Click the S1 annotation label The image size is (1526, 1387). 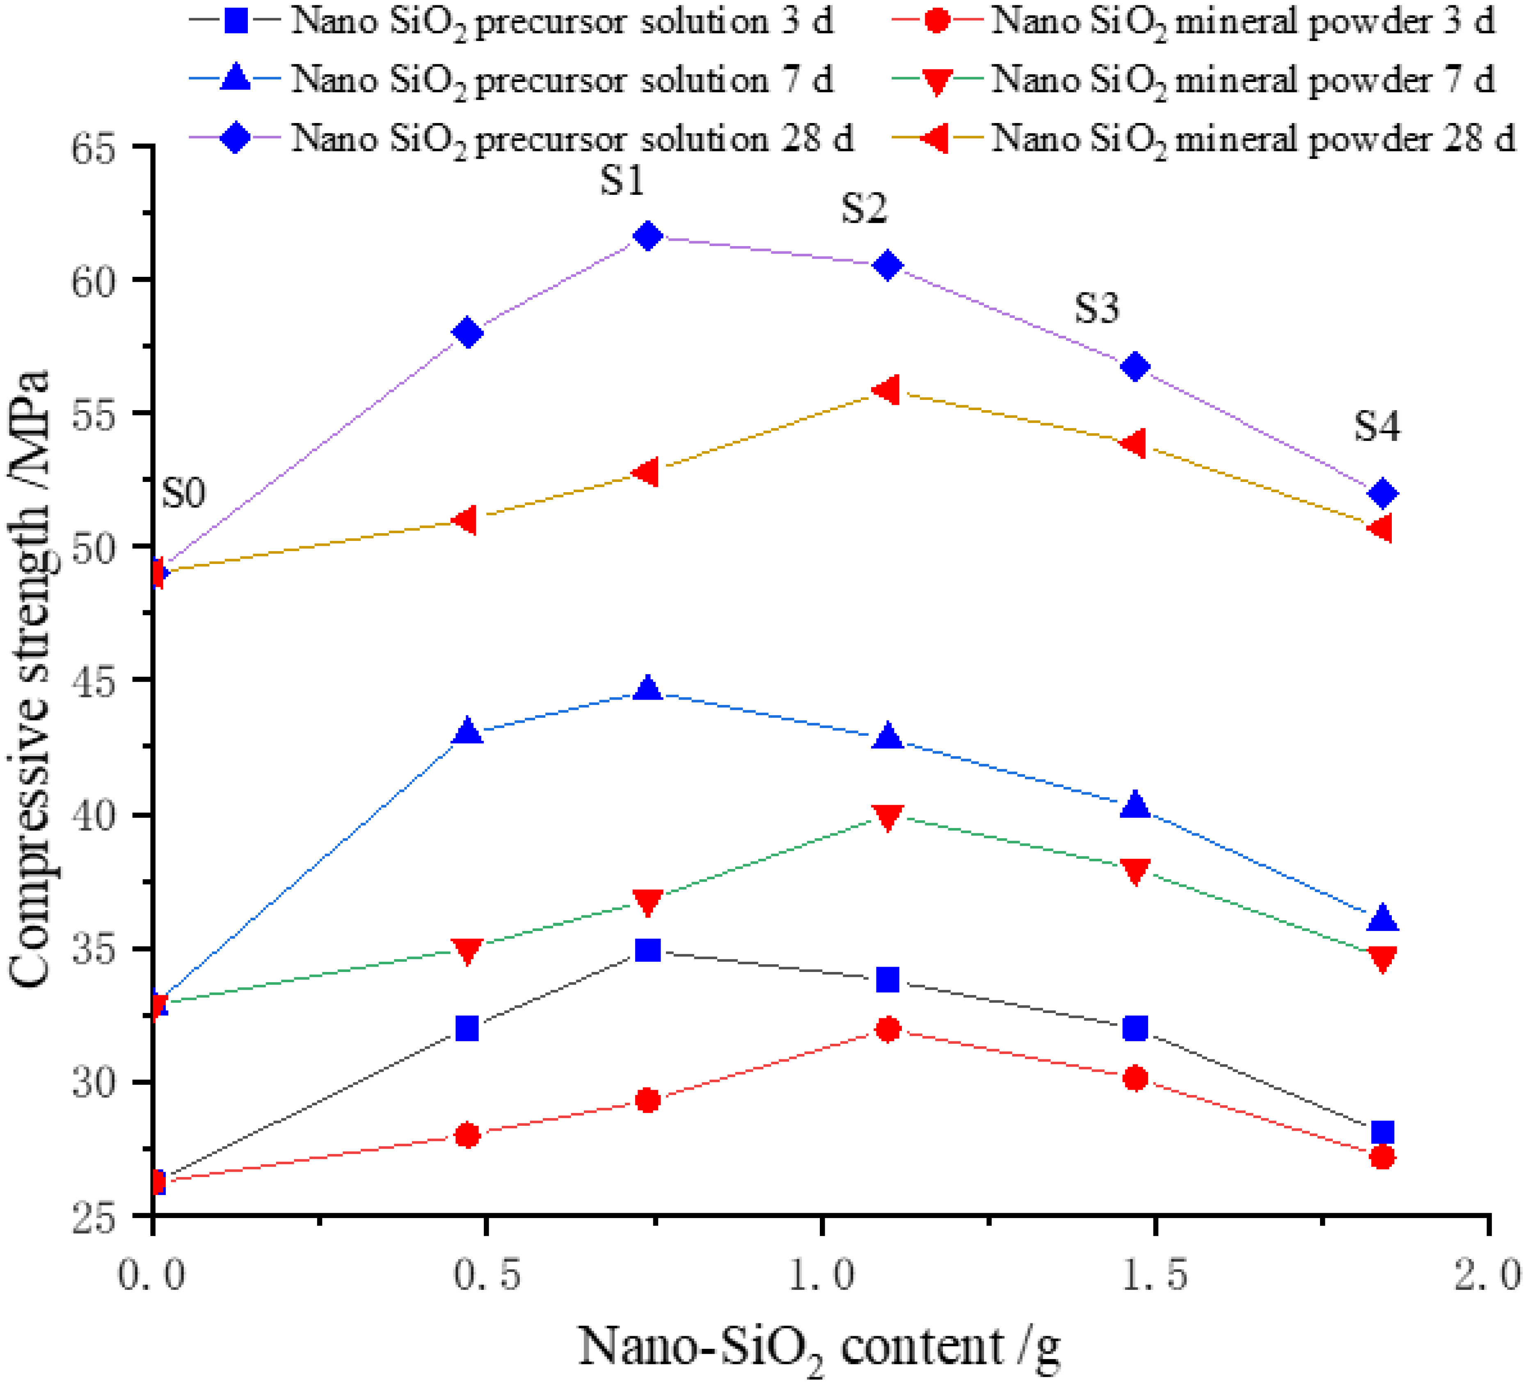pos(622,182)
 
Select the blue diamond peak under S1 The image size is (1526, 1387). pos(648,236)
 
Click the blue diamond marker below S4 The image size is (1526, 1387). pos(1382,493)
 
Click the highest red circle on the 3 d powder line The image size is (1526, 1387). pos(888,1029)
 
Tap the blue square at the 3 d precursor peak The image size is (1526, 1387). pos(648,950)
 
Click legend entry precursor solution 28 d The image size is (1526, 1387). pos(572,139)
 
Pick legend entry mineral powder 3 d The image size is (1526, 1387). pos(1241,21)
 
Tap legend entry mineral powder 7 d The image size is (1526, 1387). pos(1241,80)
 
